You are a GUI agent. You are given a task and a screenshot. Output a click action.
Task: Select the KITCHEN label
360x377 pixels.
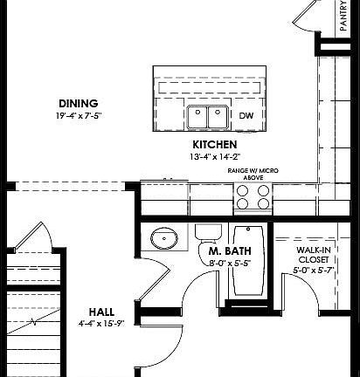(215, 145)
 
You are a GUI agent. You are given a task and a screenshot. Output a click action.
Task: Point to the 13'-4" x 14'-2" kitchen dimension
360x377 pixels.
(215, 157)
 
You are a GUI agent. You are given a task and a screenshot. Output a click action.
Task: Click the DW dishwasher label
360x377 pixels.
(246, 115)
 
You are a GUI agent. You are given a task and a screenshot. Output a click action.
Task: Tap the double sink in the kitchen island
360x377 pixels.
(207, 115)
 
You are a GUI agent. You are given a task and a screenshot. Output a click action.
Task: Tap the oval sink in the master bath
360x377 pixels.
(163, 238)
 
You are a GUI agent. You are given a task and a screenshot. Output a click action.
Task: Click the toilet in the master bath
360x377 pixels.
(207, 234)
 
